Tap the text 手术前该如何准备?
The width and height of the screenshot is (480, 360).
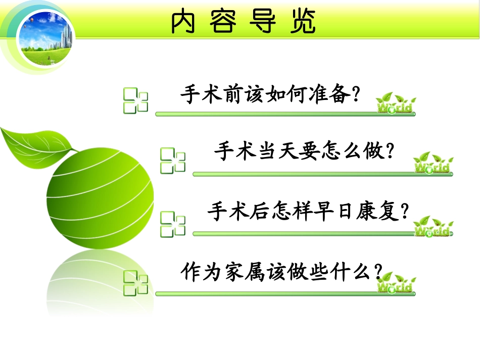tap(271, 94)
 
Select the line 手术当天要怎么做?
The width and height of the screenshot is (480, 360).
tap(304, 151)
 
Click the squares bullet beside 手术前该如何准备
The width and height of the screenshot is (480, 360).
tap(136, 100)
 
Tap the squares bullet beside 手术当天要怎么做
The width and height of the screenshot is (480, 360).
tap(173, 161)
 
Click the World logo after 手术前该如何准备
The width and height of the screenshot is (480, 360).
tap(397, 104)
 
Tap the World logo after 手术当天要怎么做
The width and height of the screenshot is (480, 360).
tap(433, 163)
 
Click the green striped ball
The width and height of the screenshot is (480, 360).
tap(101, 197)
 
